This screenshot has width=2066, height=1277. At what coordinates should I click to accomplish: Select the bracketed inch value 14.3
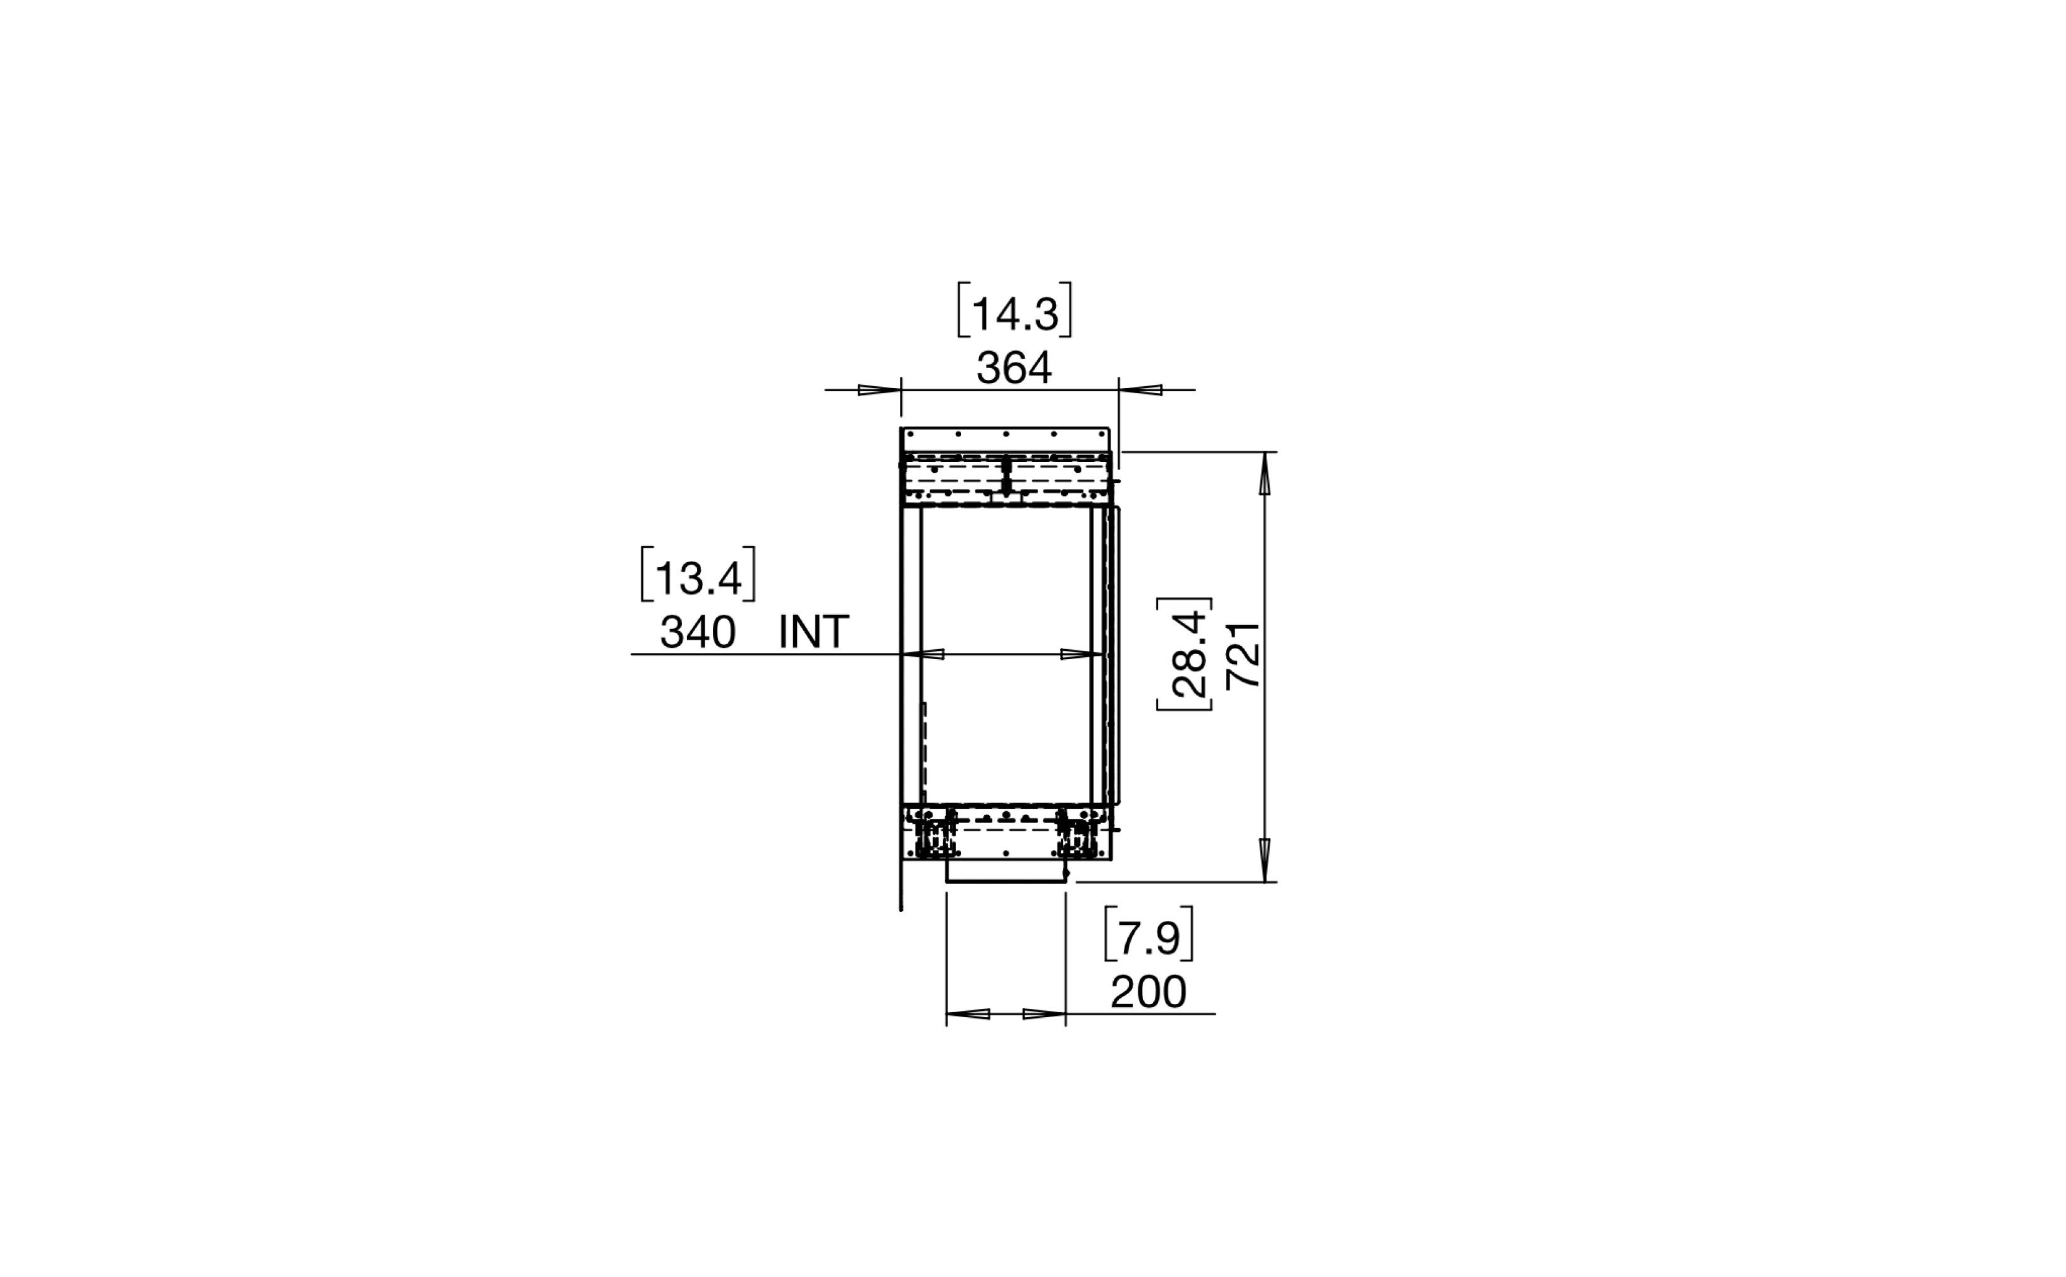(1014, 314)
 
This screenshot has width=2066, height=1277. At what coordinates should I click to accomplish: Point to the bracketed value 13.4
(697, 578)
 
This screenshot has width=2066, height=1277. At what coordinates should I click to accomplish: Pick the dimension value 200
(1148, 992)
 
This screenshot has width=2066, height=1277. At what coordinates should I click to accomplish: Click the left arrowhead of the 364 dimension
(878, 390)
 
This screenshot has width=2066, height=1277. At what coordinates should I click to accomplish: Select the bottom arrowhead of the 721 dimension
(1265, 859)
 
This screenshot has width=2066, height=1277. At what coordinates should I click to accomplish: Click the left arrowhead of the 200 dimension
(968, 1013)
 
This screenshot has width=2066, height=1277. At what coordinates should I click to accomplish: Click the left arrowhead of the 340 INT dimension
(924, 655)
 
